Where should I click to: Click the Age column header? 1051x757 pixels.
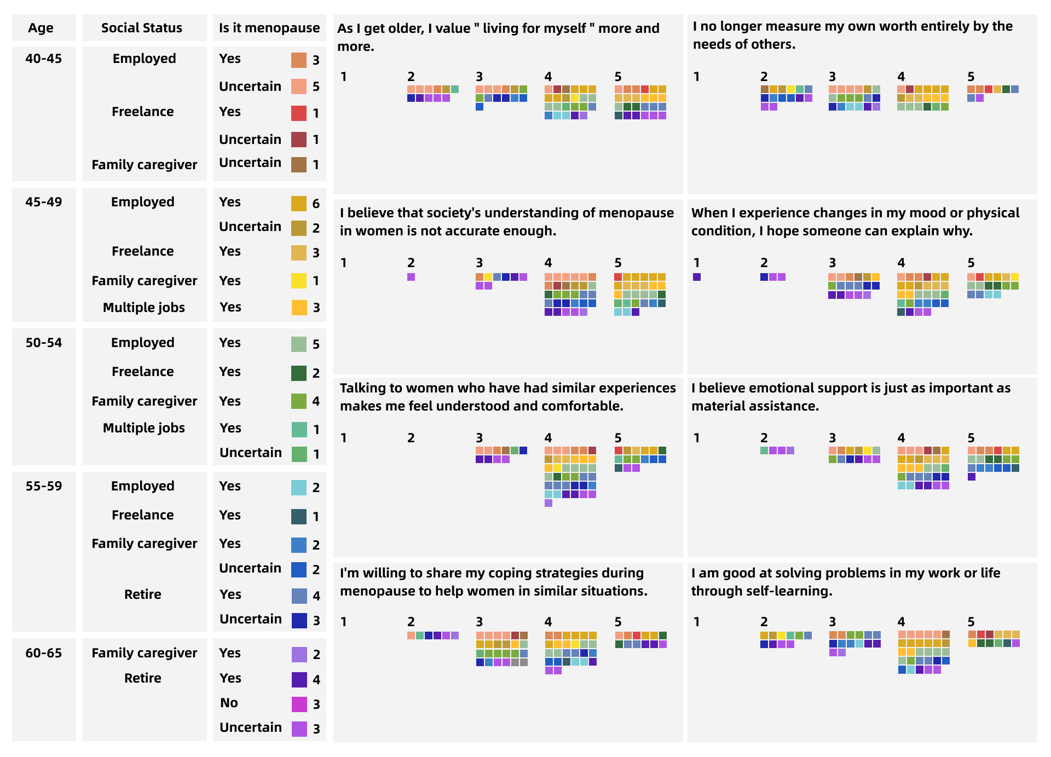pyautogui.click(x=41, y=28)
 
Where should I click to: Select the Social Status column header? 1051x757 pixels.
pyautogui.click(x=142, y=28)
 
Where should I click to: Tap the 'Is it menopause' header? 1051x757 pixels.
pyautogui.click(x=269, y=28)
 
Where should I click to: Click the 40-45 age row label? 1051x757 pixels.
pyautogui.click(x=44, y=59)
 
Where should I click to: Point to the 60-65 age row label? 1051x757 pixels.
pyautogui.click(x=44, y=653)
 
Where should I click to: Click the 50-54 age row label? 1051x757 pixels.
pyautogui.click(x=44, y=343)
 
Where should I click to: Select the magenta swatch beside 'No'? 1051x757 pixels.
pyautogui.click(x=299, y=704)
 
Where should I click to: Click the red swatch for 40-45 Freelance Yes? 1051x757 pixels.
pyautogui.click(x=299, y=113)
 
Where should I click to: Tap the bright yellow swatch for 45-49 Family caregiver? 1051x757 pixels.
pyautogui.click(x=299, y=281)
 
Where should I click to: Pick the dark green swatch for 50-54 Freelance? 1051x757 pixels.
pyautogui.click(x=299, y=373)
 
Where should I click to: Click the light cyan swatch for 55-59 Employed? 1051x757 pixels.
pyautogui.click(x=299, y=488)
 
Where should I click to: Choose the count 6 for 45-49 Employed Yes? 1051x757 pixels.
pyautogui.click(x=316, y=204)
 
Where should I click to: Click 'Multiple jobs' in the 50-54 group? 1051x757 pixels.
pyautogui.click(x=144, y=428)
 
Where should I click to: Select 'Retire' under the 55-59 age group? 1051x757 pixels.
pyautogui.click(x=143, y=594)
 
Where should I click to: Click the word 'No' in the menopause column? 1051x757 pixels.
pyautogui.click(x=229, y=703)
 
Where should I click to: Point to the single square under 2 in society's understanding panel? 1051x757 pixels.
pyautogui.click(x=411, y=277)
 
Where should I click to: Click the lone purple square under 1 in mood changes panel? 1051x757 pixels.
pyautogui.click(x=697, y=277)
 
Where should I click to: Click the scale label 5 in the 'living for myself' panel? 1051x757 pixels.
pyautogui.click(x=618, y=77)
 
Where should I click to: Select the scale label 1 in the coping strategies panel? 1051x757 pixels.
pyautogui.click(x=344, y=622)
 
